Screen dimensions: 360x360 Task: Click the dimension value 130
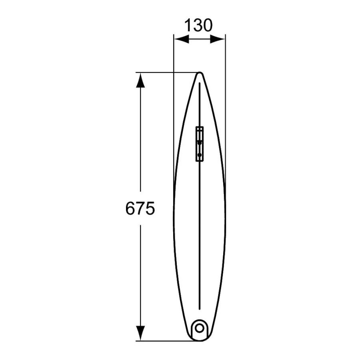pos(198,25)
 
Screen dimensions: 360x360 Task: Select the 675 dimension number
pos(140,208)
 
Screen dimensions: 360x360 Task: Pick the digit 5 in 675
pos(150,208)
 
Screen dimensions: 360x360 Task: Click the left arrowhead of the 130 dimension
pos(181,39)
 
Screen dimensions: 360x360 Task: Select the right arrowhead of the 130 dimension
pos(218,39)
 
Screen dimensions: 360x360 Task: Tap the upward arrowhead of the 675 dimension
pos(140,80)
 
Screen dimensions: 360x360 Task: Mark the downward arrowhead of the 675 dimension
pos(140,333)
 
